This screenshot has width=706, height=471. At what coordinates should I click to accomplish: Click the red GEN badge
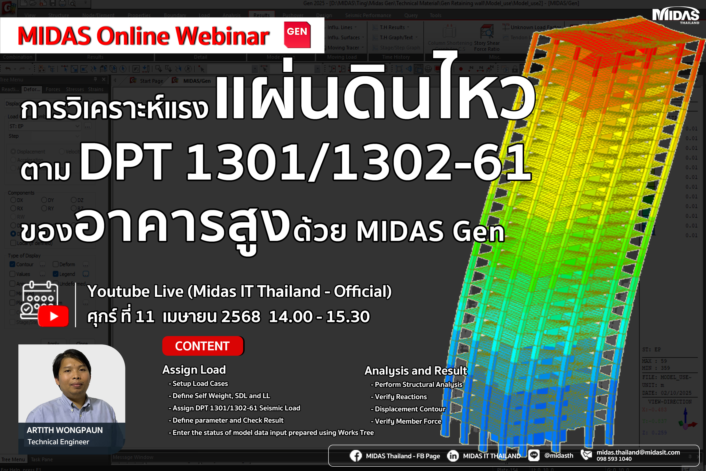297,35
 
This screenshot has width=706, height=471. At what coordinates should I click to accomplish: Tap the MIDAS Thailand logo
675,16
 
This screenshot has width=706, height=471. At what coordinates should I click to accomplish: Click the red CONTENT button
203,346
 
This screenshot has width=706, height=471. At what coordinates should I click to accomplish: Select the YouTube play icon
54,316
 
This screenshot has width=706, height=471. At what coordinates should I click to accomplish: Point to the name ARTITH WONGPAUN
64,430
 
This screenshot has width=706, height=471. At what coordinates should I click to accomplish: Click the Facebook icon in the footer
355,456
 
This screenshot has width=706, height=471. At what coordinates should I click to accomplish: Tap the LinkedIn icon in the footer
453,456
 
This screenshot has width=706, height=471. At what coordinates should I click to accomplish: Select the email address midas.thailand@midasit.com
638,452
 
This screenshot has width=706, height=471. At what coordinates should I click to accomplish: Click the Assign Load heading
194,370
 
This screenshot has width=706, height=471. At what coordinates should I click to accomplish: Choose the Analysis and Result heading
416,371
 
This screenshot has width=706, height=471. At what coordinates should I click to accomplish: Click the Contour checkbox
13,264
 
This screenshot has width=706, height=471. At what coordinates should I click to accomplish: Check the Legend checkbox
56,274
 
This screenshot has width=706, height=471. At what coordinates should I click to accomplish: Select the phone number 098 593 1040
614,459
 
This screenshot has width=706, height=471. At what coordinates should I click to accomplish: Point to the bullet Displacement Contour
410,409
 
